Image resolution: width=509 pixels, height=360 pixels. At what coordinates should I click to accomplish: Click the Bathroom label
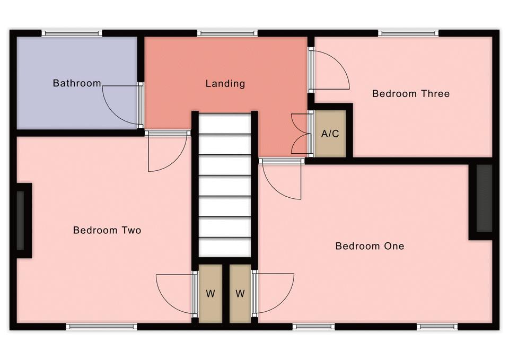[x=77, y=83]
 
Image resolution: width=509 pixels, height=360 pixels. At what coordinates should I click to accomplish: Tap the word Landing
[x=225, y=84]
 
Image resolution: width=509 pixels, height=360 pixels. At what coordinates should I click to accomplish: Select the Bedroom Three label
[x=411, y=94]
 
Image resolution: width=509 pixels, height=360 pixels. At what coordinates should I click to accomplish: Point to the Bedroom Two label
[x=107, y=231]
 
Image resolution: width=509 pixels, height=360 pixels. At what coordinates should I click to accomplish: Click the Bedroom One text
[x=370, y=246]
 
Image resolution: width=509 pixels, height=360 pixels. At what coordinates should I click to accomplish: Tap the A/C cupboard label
[x=330, y=134]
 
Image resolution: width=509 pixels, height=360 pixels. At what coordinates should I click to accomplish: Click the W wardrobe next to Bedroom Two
[x=210, y=294]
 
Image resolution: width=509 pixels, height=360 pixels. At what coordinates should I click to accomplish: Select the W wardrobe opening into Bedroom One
[x=240, y=294]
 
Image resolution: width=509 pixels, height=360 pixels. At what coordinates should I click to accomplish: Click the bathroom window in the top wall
[x=72, y=33]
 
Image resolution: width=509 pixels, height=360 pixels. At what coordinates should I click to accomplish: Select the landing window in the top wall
[x=227, y=33]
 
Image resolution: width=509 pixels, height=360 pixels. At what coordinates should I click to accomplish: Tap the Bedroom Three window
[x=408, y=33]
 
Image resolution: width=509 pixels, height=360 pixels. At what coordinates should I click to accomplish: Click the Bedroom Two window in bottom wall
[x=102, y=327]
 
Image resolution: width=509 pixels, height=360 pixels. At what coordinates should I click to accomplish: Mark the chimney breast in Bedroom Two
[x=24, y=221]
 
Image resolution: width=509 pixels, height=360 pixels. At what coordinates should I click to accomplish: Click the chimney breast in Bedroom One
[x=482, y=202]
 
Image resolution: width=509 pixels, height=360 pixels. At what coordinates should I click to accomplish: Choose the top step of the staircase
[x=225, y=124]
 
